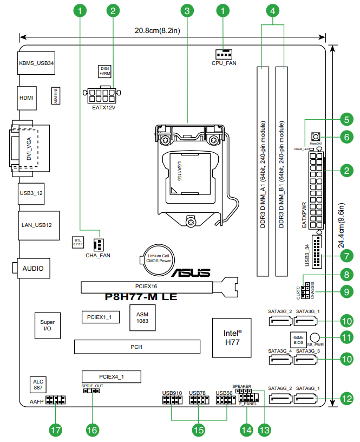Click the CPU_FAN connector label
[224, 63]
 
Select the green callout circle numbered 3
[187, 10]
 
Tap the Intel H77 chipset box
[232, 337]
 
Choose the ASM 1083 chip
[142, 317]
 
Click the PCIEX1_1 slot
[101, 317]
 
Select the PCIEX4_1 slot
[111, 376]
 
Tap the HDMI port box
[27, 98]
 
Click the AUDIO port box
[32, 268]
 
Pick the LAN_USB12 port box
[36, 225]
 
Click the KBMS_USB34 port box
[36, 63]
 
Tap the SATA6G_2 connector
[280, 401]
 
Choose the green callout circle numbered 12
[346, 399]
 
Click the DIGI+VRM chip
[104, 71]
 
